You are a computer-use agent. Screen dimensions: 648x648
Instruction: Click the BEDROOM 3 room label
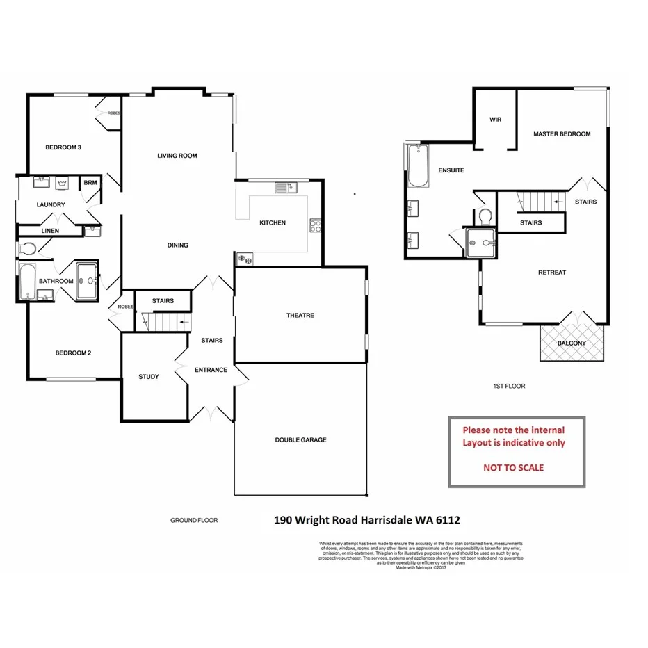click(x=63, y=147)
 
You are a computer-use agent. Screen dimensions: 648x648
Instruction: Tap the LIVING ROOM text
click(x=177, y=156)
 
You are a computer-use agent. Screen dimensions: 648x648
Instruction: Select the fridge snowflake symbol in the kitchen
click(x=245, y=259)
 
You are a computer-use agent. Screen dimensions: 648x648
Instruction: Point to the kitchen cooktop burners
click(x=314, y=225)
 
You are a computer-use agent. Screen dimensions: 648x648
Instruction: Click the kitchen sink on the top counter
click(x=285, y=187)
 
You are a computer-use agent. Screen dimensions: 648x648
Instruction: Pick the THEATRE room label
click(x=300, y=315)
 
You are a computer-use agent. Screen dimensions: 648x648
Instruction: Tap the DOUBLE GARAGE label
click(x=300, y=439)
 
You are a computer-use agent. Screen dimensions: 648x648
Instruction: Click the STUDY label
click(x=148, y=377)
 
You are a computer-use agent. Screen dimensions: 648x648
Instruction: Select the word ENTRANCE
click(x=211, y=370)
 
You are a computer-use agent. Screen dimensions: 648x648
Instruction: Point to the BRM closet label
click(x=90, y=183)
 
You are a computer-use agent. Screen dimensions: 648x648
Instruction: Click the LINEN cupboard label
click(x=50, y=231)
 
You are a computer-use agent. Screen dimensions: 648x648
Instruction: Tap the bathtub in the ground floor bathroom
click(x=27, y=281)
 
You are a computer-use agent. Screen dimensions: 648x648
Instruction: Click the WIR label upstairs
click(x=496, y=120)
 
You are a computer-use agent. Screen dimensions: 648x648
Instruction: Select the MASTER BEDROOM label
click(x=562, y=134)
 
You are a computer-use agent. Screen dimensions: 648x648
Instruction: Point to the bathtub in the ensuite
click(x=417, y=166)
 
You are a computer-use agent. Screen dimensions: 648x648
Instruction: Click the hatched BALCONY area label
click(x=572, y=343)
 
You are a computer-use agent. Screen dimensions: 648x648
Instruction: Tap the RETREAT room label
click(x=552, y=273)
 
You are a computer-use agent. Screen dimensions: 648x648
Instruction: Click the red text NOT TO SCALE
click(x=513, y=468)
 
